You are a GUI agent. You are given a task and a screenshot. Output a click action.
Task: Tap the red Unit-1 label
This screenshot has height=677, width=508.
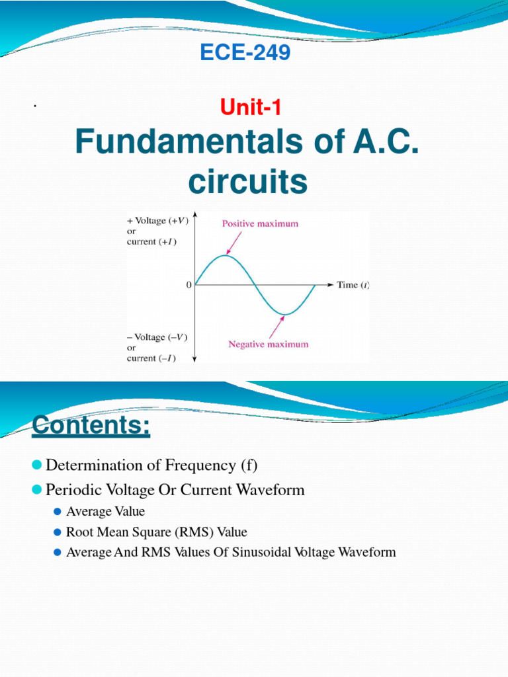[x=246, y=104]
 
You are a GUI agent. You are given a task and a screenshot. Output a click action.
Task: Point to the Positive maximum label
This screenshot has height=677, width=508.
[x=259, y=223]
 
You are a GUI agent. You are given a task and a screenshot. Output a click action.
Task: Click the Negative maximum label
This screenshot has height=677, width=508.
[x=268, y=344]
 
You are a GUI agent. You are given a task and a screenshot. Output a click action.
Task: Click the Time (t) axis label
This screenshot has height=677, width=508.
[x=353, y=285]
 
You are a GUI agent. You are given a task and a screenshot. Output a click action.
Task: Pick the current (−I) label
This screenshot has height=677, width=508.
[x=151, y=358]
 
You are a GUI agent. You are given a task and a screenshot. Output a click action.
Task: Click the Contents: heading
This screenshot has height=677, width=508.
[x=91, y=424]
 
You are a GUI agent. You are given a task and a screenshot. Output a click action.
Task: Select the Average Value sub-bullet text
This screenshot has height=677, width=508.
[x=105, y=511]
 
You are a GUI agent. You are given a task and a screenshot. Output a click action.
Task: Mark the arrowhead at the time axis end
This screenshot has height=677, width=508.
[x=331, y=284]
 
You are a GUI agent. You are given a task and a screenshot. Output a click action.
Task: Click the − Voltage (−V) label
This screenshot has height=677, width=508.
[x=157, y=337]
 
